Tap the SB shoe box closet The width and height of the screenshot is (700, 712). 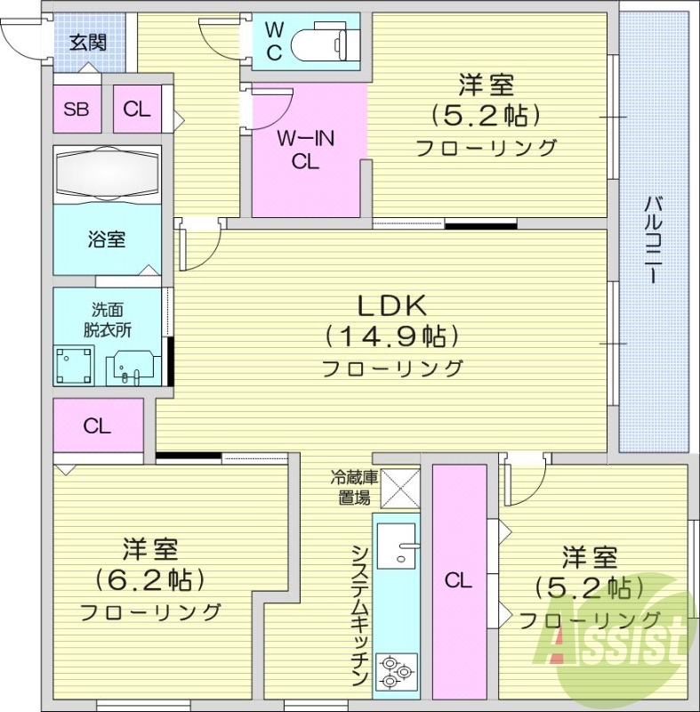click(76, 109)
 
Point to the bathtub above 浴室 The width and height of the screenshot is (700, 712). click(107, 174)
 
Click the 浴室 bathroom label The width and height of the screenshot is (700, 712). click(106, 239)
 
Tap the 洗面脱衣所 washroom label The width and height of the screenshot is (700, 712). click(108, 320)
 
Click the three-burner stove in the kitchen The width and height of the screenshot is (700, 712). click(396, 670)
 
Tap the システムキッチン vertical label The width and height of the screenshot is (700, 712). click(359, 613)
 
